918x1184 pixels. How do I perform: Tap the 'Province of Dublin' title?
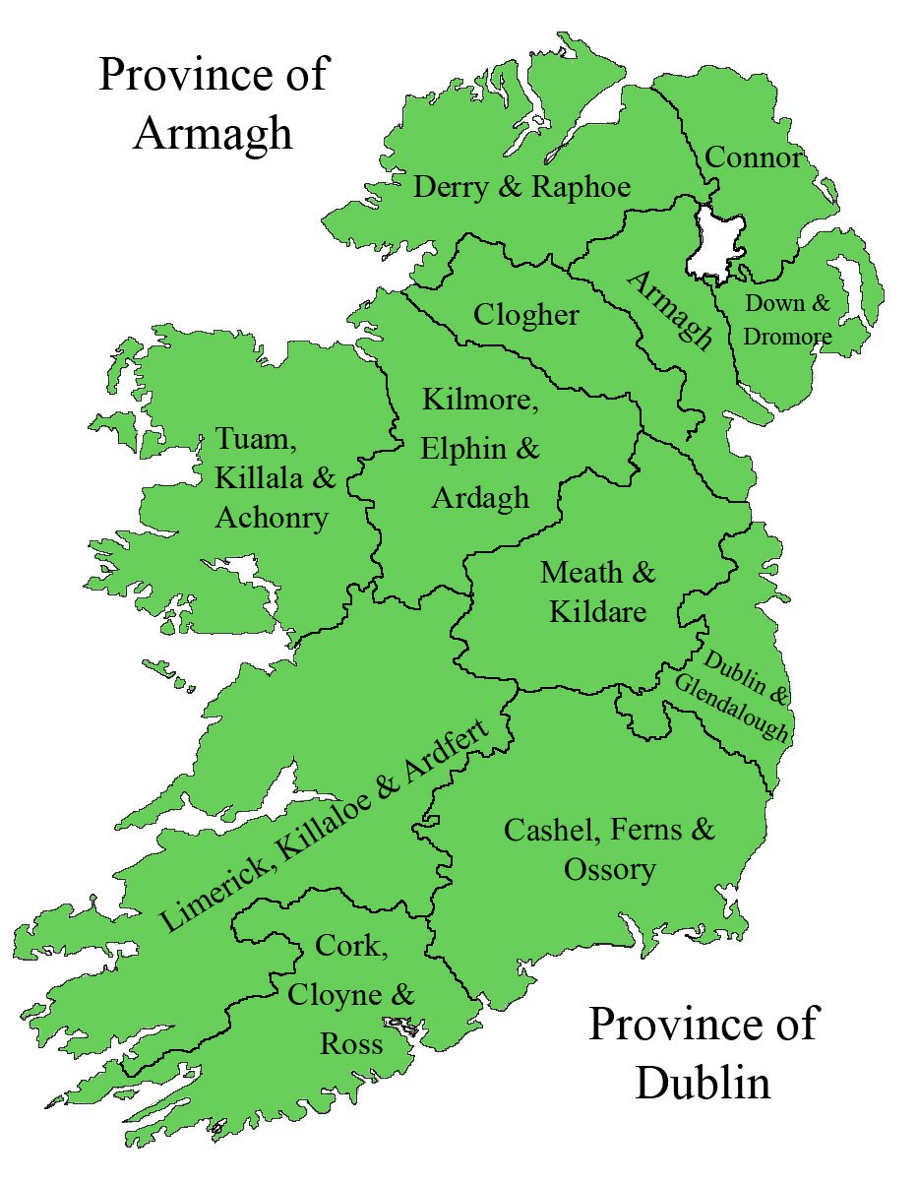tap(703, 1052)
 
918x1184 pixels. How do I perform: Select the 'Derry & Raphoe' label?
tap(521, 187)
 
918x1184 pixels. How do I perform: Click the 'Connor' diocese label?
tap(754, 156)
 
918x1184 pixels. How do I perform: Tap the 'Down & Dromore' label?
tap(787, 320)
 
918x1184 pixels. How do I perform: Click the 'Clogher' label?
tap(526, 315)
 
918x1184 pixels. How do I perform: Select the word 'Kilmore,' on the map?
tap(481, 402)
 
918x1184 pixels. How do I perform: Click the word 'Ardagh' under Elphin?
tap(480, 497)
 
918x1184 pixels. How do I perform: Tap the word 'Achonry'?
tap(272, 517)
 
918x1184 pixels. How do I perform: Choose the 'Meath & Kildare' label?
tap(598, 591)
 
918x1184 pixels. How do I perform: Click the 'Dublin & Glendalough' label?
tap(732, 695)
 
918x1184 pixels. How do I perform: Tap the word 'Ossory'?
tap(609, 870)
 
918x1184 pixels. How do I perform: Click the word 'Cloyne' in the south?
tap(333, 994)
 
